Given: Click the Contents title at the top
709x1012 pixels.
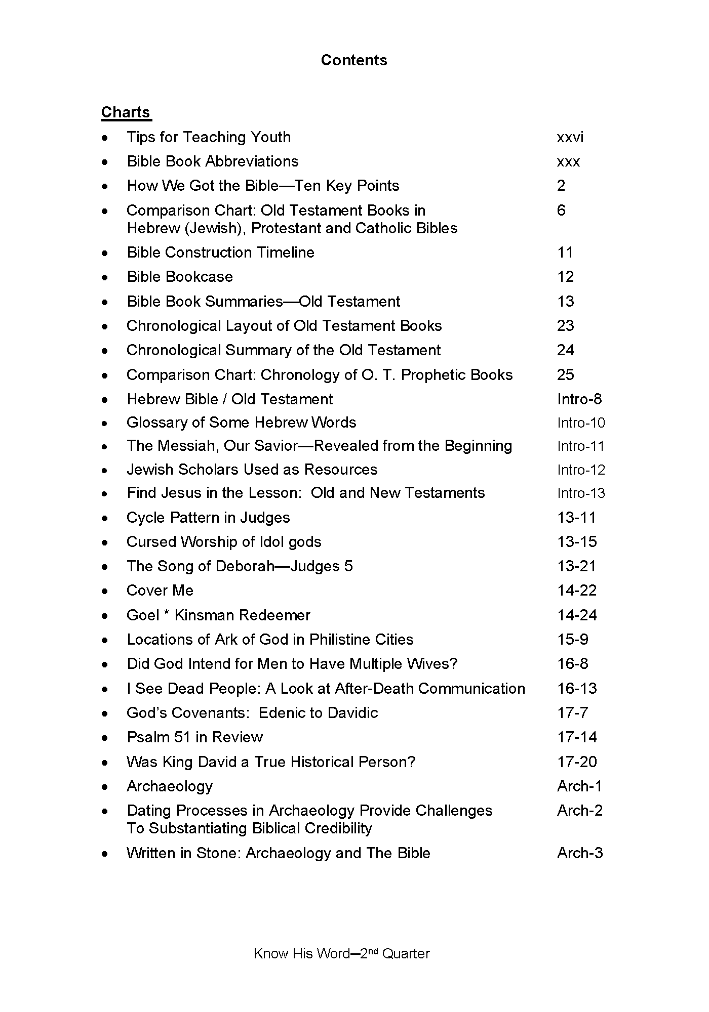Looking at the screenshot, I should point(354,60).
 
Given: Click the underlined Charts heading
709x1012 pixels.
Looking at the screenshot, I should point(126,112).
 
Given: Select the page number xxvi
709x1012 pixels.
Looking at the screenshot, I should point(570,137).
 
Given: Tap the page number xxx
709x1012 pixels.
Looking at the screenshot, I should point(568,162).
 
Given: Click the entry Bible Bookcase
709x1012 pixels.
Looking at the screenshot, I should point(180,277).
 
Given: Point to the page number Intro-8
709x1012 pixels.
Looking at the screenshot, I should point(579,399).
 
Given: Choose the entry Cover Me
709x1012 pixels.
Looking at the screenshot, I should point(160,591).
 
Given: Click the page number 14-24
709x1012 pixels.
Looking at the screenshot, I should point(577,615).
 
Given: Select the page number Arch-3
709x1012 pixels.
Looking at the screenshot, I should point(580,853).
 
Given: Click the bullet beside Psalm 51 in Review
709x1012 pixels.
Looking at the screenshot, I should point(105,738).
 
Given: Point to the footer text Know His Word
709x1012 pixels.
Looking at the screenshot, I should point(301,954).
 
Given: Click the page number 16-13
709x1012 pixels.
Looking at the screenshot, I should point(577,689).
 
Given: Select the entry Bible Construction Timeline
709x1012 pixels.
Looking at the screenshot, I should point(220,252).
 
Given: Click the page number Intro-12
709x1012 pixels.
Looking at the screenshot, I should point(581,470).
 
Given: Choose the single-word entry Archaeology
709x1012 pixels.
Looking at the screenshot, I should point(170,786).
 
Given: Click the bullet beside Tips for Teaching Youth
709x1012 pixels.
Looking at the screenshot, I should point(105,138).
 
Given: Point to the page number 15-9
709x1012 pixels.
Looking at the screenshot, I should point(573,640).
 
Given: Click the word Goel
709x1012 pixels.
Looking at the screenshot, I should point(143,615).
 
